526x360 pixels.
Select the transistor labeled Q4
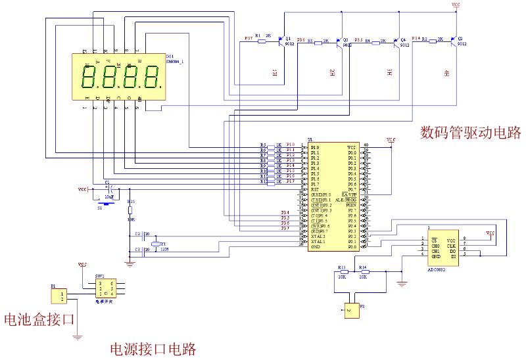(x=396, y=41)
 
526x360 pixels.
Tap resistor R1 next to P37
(x=261, y=41)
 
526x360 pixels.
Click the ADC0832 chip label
(x=440, y=270)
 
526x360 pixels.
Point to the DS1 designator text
(x=170, y=56)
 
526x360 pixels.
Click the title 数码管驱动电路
(x=471, y=133)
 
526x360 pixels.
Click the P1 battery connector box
(x=59, y=296)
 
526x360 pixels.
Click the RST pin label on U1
(x=315, y=189)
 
